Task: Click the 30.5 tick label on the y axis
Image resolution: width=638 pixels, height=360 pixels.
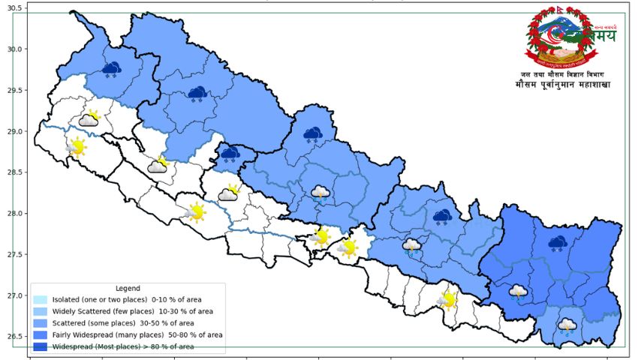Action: [x=14, y=8]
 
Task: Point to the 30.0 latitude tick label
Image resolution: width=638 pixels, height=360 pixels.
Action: [x=14, y=49]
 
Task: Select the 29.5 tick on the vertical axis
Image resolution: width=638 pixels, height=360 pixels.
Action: [x=14, y=91]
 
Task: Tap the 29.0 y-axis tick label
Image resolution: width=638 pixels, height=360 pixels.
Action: [x=14, y=132]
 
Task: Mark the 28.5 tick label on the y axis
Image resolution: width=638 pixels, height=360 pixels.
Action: [x=14, y=172]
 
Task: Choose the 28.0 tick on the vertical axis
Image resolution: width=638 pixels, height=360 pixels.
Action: [x=14, y=214]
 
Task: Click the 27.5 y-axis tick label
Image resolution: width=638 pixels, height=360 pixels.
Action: [x=14, y=255]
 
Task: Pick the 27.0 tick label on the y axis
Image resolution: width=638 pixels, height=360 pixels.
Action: [x=14, y=295]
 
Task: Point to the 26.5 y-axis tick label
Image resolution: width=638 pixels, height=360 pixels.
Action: [x=14, y=337]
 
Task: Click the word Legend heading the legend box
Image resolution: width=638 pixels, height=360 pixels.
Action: [x=128, y=289]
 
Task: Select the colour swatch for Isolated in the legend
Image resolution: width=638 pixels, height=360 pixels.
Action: [x=41, y=300]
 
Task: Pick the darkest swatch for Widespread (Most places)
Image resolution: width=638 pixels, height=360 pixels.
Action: [x=41, y=346]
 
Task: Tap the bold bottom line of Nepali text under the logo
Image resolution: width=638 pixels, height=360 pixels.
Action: [x=563, y=85]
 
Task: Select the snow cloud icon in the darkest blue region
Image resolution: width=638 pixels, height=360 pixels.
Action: [x=557, y=244]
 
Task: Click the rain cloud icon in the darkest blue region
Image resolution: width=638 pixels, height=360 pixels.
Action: [x=518, y=292]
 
